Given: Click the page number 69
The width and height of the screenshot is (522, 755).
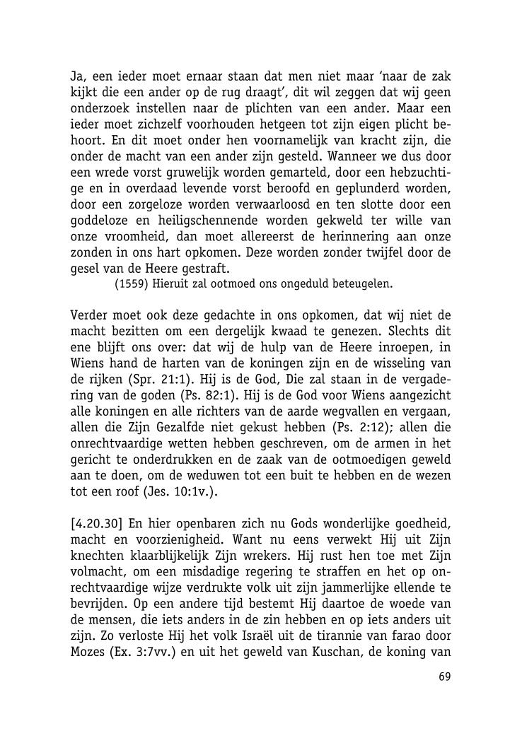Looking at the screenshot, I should coord(444,677).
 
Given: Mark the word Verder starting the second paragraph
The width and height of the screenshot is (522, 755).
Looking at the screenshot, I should coord(91,315).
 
